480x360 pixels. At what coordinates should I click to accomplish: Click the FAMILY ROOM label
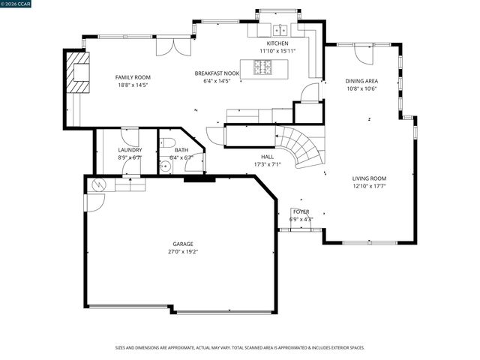click(x=133, y=77)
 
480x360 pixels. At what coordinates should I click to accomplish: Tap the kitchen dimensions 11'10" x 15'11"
click(x=277, y=51)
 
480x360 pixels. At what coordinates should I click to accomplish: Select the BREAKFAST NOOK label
click(x=217, y=73)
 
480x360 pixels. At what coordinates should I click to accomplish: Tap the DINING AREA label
click(x=361, y=81)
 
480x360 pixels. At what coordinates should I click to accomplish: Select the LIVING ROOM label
click(x=369, y=178)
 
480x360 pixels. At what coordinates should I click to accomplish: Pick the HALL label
click(x=268, y=157)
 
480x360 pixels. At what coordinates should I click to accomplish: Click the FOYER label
click(x=301, y=212)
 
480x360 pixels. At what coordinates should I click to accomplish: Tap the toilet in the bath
click(x=169, y=142)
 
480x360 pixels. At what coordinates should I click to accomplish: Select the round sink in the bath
click(x=166, y=167)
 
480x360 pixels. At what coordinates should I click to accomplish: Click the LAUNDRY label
click(x=130, y=151)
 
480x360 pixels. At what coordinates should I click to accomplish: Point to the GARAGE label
click(x=183, y=244)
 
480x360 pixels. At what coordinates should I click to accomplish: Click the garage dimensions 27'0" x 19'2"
click(x=183, y=252)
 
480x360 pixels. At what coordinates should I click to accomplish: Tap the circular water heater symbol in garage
click(x=96, y=184)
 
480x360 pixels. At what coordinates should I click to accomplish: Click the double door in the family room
click(x=169, y=46)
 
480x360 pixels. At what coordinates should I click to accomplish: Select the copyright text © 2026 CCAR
click(x=20, y=4)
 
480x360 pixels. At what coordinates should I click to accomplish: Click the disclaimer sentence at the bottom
click(x=239, y=348)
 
